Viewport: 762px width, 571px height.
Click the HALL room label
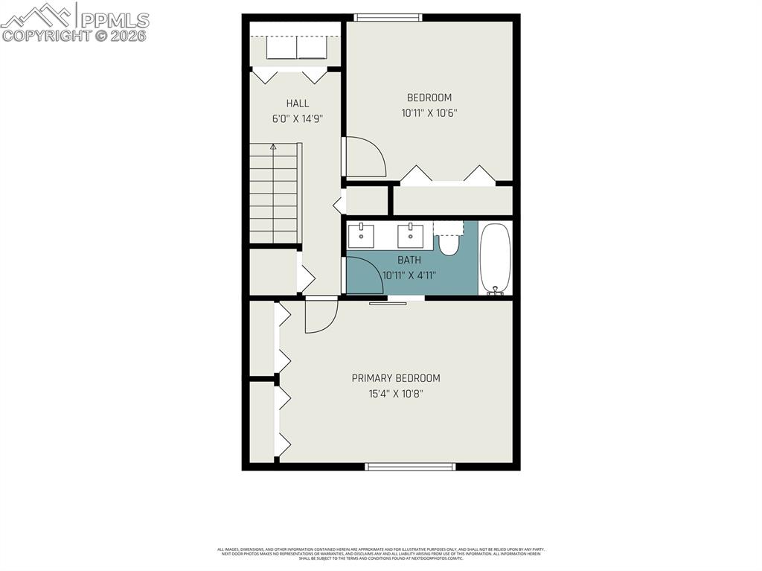point(297,103)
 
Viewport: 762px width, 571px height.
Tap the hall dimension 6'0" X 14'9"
point(297,118)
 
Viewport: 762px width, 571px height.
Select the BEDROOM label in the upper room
point(429,98)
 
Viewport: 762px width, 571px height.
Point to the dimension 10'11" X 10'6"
point(429,113)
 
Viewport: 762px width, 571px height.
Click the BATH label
point(409,260)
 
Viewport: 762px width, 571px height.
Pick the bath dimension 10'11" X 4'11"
point(409,275)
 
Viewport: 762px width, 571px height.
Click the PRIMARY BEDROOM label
point(396,378)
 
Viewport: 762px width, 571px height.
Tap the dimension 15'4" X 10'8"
point(396,393)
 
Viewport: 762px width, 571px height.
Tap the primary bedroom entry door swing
point(321,314)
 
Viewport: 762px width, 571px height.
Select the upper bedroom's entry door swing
point(365,157)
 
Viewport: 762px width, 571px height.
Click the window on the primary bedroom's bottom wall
point(410,467)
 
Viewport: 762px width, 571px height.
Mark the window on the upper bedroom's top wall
point(388,17)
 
